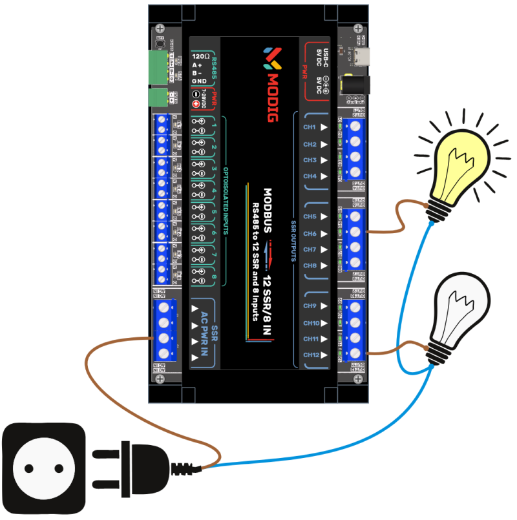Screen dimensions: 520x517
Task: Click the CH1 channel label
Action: pos(310,128)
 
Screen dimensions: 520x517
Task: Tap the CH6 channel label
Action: pos(310,233)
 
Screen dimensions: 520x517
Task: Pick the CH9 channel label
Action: pos(310,306)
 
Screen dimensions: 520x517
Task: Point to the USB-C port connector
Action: pos(359,56)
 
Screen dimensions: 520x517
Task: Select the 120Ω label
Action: pos(200,57)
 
